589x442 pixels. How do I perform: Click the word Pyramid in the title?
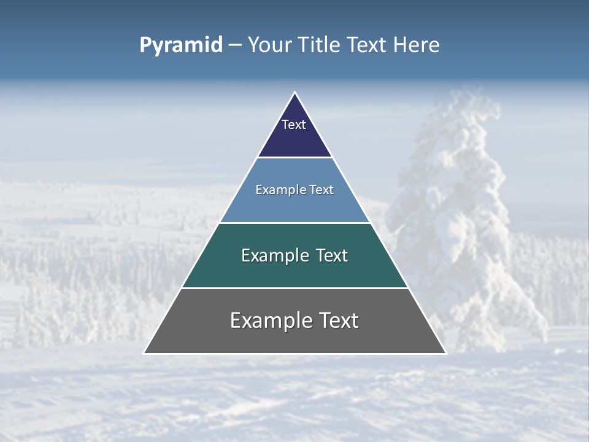180,45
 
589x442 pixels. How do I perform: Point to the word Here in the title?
417,45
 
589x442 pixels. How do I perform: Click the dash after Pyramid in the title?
235,46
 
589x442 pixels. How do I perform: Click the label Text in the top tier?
294,125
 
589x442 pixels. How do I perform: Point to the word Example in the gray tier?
265,320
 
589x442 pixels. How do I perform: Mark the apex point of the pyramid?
294,93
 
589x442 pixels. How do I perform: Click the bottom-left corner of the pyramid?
144,353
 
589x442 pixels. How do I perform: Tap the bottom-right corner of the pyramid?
445,353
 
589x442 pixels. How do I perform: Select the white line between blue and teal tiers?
294,223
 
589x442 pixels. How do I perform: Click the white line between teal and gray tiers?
294,288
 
